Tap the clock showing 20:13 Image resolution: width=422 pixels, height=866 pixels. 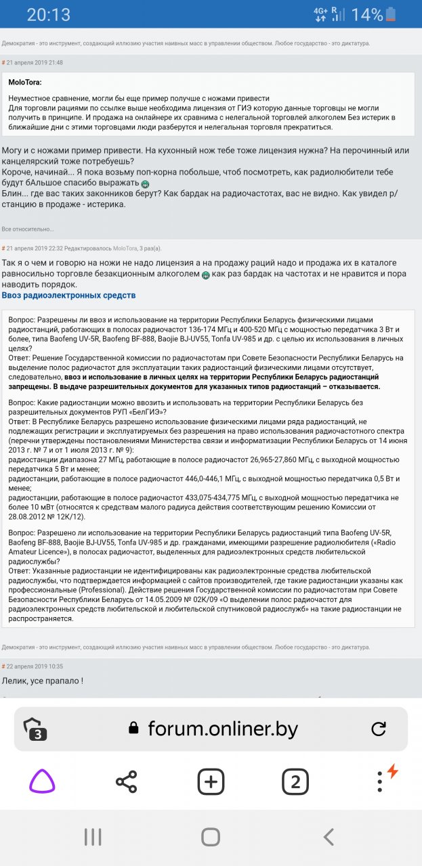48,15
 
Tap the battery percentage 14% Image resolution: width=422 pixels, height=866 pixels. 367,15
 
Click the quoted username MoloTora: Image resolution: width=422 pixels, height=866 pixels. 25,82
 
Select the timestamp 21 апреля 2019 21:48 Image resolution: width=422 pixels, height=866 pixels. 35,62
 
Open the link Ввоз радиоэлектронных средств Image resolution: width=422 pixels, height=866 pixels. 68,296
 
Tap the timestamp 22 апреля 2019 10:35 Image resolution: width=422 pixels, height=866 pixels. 35,666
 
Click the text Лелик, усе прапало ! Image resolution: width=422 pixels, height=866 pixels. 42,681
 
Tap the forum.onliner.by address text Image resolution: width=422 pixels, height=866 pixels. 223,729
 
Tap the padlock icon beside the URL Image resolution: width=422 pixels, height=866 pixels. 134,729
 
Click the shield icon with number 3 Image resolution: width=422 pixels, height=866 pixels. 35,729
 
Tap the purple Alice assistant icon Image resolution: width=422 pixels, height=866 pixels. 42,782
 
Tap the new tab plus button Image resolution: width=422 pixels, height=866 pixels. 211,782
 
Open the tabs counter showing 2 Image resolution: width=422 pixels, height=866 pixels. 295,782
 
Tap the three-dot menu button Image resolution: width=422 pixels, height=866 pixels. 380,782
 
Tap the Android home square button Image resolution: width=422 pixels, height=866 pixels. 211,837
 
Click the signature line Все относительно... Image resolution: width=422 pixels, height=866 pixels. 28,229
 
